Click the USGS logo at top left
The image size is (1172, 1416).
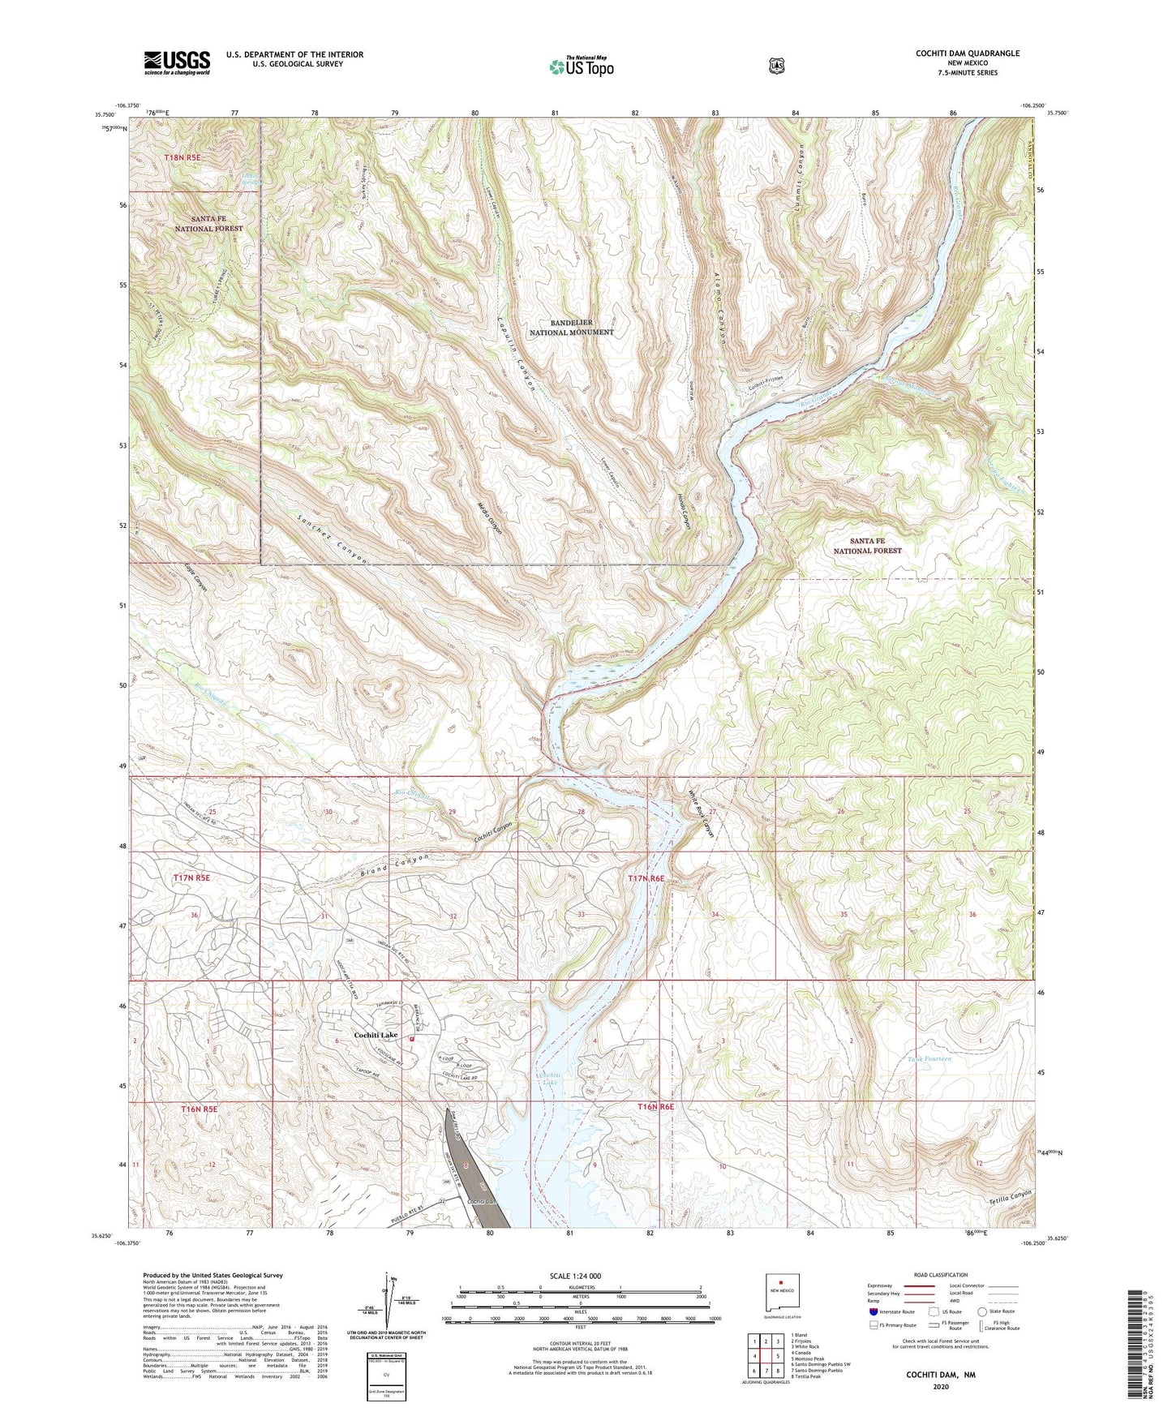coord(177,62)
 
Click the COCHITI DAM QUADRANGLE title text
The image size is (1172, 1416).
coord(967,54)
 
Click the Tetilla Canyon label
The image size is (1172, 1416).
coord(1011,1195)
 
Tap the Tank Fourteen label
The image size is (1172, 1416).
coord(929,1059)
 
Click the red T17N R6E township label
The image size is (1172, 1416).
coord(646,878)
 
